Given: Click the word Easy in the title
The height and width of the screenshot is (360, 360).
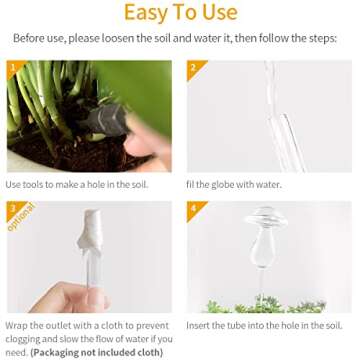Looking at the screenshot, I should tap(147, 13).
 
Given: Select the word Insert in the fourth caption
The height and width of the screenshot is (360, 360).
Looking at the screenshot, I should tap(199, 299).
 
